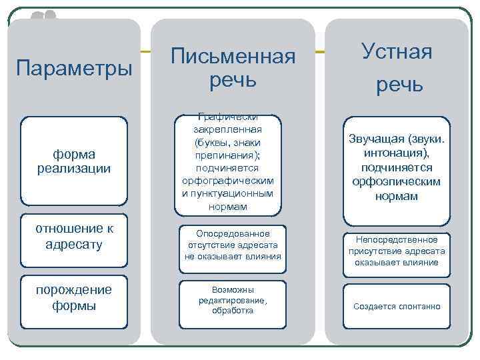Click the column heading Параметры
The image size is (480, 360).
(74, 68)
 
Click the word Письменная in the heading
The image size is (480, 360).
(233, 57)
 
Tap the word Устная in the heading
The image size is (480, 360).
(397, 51)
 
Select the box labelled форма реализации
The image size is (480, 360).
(74, 161)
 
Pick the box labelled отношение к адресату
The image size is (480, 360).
(74, 237)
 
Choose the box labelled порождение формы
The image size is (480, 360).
(74, 298)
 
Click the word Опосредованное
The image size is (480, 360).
(233, 234)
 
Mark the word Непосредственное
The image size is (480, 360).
(397, 239)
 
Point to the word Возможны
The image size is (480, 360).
(233, 290)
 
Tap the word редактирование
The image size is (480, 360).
(233, 301)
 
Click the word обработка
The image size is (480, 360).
(233, 311)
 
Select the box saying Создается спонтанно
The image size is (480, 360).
(397, 307)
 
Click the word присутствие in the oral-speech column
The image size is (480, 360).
(376, 251)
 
